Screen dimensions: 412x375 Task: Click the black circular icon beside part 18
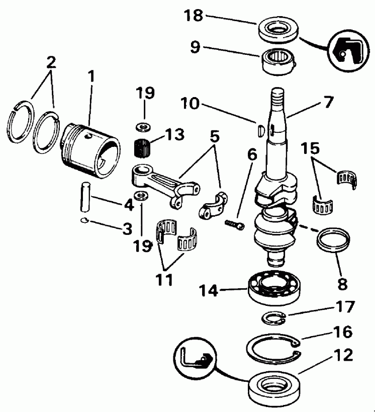[346, 51]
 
